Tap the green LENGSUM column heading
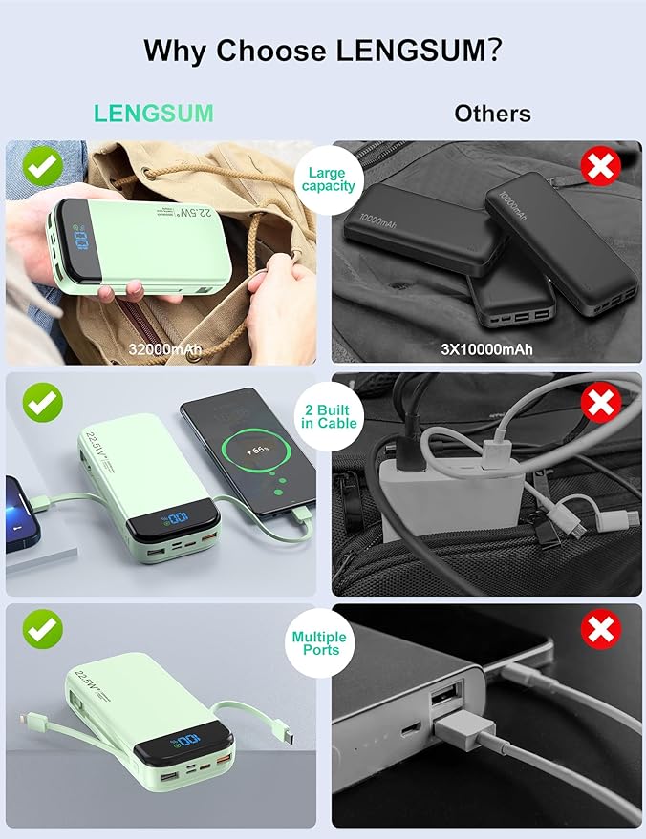(153, 114)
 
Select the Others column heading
(492, 114)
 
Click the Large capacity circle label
(328, 179)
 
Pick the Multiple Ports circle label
(319, 642)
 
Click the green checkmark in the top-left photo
(43, 168)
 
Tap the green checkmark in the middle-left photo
(43, 402)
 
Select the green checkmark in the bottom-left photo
(43, 628)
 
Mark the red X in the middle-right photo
(601, 403)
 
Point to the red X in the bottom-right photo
(601, 629)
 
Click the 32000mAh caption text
(164, 349)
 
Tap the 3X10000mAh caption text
(484, 349)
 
